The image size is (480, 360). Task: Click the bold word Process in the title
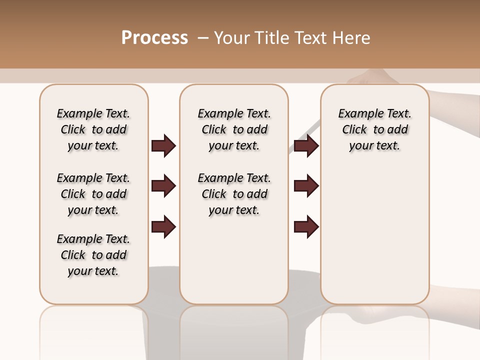pyautogui.click(x=154, y=38)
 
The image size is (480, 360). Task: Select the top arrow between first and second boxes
pyautogui.click(x=163, y=145)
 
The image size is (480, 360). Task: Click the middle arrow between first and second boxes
pyautogui.click(x=163, y=186)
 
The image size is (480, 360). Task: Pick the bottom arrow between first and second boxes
pyautogui.click(x=163, y=226)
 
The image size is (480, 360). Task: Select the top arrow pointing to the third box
pyautogui.click(x=306, y=145)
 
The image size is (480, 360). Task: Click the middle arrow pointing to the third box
pyautogui.click(x=306, y=186)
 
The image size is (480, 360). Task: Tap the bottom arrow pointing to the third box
pyautogui.click(x=306, y=226)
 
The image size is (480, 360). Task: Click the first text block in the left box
pyautogui.click(x=93, y=129)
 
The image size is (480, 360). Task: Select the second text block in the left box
pyautogui.click(x=93, y=194)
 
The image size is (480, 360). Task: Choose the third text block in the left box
pyautogui.click(x=93, y=255)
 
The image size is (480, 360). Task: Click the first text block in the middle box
pyautogui.click(x=234, y=129)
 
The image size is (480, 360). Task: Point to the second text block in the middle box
pyautogui.click(x=234, y=194)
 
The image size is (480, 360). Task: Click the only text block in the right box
pyautogui.click(x=375, y=129)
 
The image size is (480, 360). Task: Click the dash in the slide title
pyautogui.click(x=203, y=38)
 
